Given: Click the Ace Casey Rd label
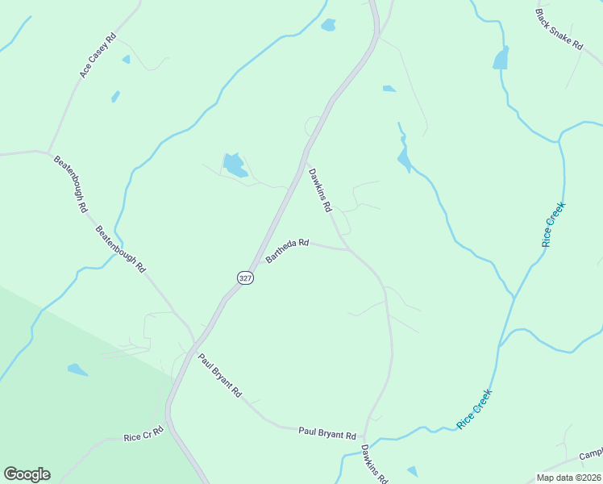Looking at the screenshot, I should click(x=98, y=56).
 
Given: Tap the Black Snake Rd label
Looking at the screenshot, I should click(x=559, y=31).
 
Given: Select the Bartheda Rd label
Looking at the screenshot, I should click(x=288, y=250).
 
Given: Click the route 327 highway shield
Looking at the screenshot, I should click(x=245, y=277).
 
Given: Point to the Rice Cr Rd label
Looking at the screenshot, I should click(x=143, y=436).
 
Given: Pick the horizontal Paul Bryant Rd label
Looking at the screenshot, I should click(x=327, y=433).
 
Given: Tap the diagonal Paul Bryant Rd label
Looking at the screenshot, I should click(x=220, y=375).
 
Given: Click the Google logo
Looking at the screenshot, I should click(x=27, y=474).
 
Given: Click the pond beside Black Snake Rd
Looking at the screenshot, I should click(x=501, y=58).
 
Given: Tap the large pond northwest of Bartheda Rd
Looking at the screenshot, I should click(x=235, y=165).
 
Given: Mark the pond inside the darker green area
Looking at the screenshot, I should click(x=77, y=369).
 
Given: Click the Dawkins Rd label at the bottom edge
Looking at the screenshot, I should click(x=374, y=464).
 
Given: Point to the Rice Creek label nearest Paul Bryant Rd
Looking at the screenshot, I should click(x=474, y=408).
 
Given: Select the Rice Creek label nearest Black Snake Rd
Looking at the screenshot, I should click(x=554, y=223).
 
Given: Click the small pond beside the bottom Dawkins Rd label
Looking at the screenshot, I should click(x=413, y=470).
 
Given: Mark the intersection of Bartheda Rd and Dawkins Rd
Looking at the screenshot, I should click(x=349, y=249).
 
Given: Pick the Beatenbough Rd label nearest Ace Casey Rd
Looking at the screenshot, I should click(x=71, y=183).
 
